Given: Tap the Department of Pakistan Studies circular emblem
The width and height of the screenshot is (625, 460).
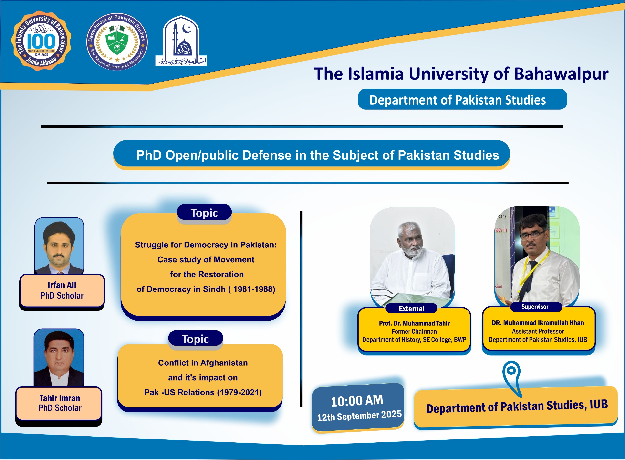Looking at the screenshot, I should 117,42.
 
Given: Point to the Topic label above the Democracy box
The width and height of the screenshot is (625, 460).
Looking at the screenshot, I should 204,213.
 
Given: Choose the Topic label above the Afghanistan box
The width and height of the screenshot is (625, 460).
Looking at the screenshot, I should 195,339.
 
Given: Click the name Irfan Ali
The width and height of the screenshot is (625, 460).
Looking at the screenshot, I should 62,285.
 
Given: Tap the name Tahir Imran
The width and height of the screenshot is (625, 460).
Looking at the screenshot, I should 60,398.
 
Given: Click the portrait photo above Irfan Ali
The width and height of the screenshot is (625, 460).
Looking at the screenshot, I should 59,246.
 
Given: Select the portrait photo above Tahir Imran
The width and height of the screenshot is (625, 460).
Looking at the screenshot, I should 59,358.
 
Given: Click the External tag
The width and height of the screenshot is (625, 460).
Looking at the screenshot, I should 411,309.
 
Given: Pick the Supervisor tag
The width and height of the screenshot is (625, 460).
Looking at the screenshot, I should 535,307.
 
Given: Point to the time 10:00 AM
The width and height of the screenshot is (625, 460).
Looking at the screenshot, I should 357,401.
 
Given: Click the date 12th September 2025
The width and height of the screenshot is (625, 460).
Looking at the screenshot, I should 359,416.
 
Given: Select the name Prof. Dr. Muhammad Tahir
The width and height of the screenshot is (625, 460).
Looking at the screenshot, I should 414,323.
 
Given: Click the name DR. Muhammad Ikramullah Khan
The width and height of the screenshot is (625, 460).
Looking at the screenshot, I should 538,323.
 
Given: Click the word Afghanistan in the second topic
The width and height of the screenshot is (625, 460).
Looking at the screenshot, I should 224,363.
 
